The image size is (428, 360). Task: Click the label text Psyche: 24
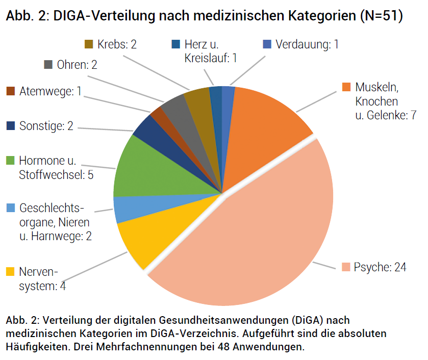click(380, 267)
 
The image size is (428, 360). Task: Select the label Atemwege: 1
click(51, 91)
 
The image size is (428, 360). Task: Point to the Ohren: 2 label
click(77, 65)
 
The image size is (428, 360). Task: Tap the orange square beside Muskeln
click(346, 86)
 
